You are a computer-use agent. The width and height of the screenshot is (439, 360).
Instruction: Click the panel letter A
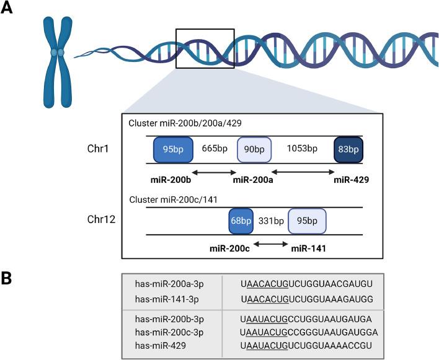(9, 11)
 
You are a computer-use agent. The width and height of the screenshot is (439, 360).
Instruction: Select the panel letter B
(9, 278)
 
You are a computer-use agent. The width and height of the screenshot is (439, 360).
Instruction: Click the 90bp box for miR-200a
(254, 149)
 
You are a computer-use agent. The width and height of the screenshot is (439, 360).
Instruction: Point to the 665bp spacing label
(215, 149)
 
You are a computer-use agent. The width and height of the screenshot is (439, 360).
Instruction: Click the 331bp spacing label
(270, 221)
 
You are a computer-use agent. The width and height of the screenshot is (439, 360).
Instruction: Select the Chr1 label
(100, 149)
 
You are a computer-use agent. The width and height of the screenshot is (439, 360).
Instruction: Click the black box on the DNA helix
(205, 48)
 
